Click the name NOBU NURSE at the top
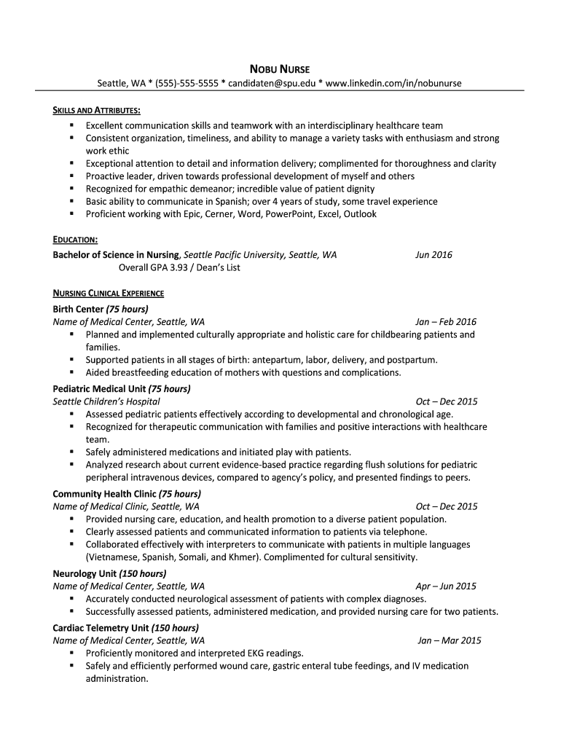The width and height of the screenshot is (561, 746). pyautogui.click(x=280, y=69)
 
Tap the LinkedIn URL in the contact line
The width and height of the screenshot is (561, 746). pyautogui.click(x=393, y=83)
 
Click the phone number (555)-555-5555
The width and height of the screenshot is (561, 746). pyautogui.click(x=186, y=83)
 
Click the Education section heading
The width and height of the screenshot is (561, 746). pyautogui.click(x=76, y=240)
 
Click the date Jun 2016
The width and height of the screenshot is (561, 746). pyautogui.click(x=433, y=255)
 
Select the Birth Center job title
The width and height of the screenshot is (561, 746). pyautogui.click(x=79, y=309)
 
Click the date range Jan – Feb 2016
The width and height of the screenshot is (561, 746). pyautogui.click(x=446, y=322)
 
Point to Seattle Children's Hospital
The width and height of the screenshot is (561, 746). pyautogui.click(x=106, y=401)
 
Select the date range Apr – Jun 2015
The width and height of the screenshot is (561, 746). pyautogui.click(x=446, y=586)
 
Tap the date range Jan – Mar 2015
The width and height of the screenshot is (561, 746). pyautogui.click(x=449, y=641)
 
